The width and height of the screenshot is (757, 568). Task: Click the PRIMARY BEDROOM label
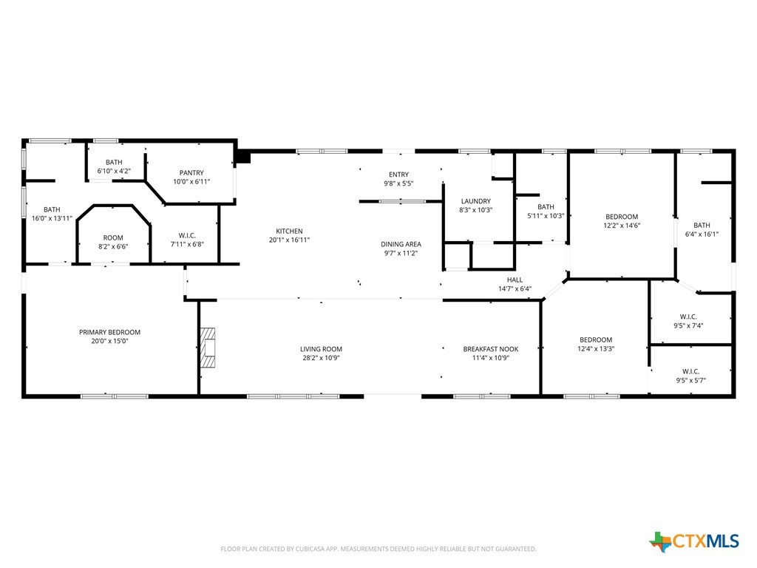(x=109, y=332)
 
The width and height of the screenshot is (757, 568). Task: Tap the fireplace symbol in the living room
(x=208, y=348)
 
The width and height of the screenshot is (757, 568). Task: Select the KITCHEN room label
(x=289, y=231)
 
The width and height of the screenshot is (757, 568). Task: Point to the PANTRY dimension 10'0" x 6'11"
(x=191, y=182)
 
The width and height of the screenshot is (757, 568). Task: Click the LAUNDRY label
(x=475, y=201)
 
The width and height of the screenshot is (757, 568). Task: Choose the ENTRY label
(x=398, y=175)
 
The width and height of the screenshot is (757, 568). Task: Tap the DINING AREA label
(x=401, y=244)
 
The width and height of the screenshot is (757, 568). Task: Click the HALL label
(x=515, y=280)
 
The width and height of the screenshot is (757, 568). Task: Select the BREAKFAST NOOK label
(x=491, y=349)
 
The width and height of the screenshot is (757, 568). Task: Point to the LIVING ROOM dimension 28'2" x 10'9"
(x=321, y=358)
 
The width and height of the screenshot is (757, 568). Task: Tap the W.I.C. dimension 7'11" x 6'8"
(x=187, y=244)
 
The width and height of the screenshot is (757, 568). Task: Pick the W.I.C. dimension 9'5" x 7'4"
(x=688, y=325)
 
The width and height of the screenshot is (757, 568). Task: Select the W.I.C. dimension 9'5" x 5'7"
(x=691, y=380)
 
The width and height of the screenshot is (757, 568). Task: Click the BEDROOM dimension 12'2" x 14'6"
(x=621, y=226)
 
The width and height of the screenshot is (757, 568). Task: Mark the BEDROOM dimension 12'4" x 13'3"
(x=596, y=349)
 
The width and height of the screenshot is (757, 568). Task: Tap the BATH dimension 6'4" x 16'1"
(x=702, y=234)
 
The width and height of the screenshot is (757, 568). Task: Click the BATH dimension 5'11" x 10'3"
(x=546, y=216)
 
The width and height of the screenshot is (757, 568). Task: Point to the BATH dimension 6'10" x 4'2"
(x=114, y=171)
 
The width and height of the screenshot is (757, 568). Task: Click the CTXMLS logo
(x=694, y=541)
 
